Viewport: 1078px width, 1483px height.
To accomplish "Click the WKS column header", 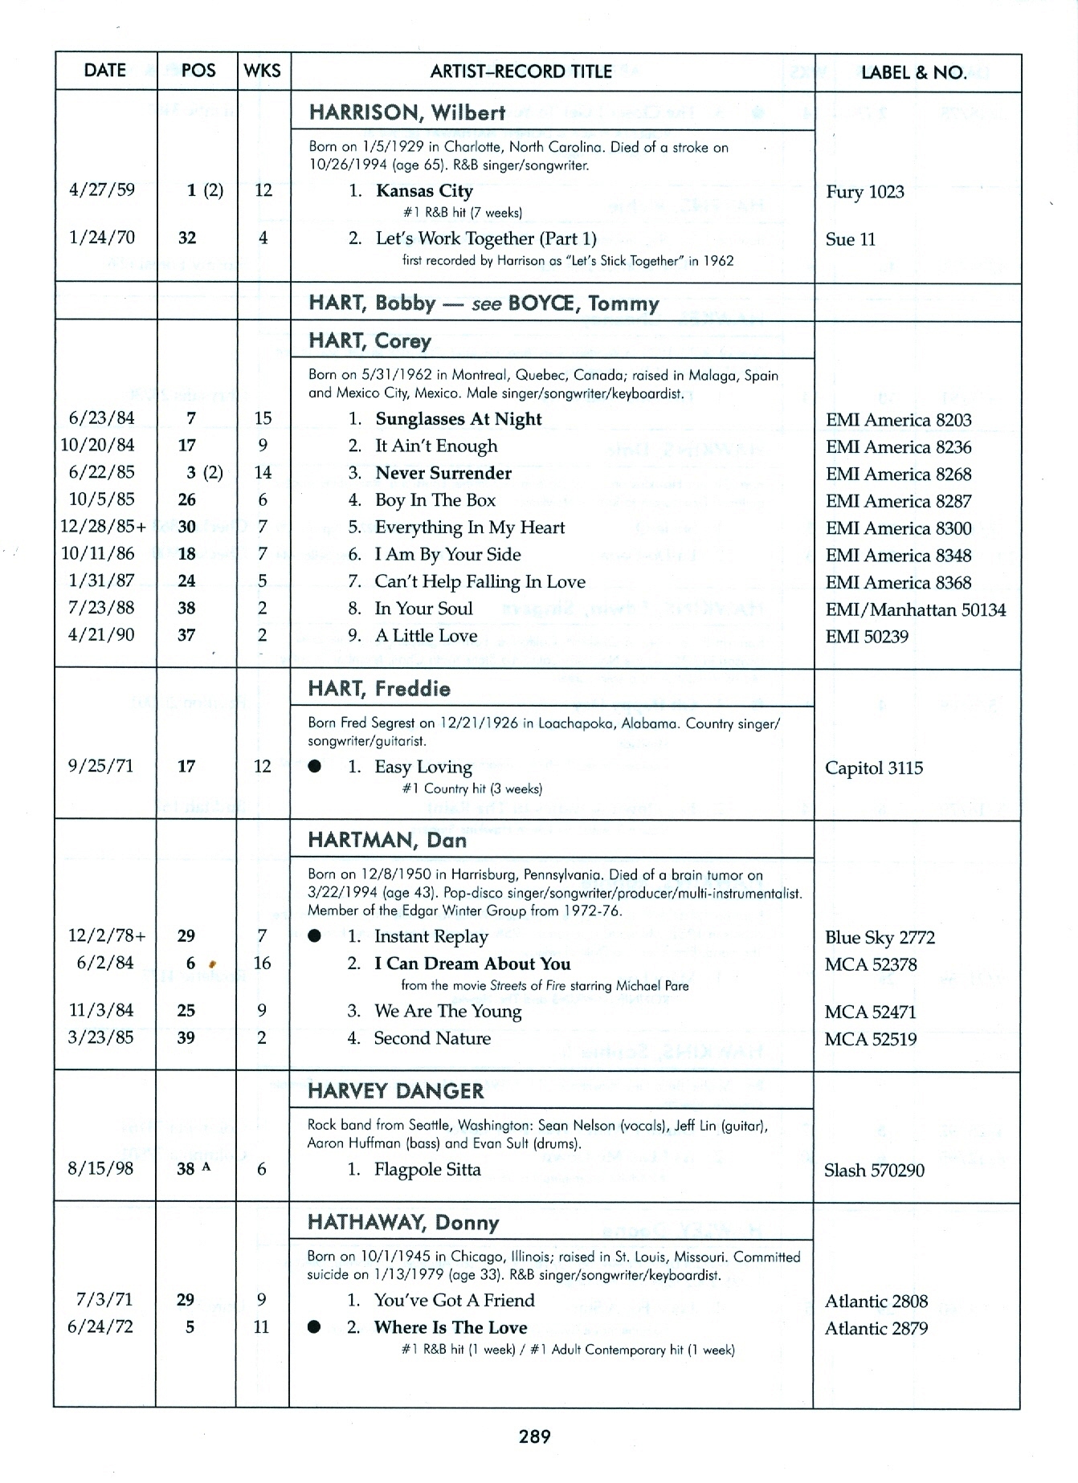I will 263,71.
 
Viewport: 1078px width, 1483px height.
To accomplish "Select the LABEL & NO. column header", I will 913,72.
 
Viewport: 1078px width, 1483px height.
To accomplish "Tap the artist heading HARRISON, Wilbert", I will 407,112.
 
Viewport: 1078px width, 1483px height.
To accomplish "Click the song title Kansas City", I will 424,191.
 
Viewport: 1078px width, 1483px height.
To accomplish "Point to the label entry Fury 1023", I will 864,192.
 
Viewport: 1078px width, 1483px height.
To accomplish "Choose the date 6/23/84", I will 101,418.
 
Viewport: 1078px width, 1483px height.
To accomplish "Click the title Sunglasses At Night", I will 458,419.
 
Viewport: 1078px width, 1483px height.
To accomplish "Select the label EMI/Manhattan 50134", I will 915,609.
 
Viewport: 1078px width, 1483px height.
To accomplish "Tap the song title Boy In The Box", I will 435,500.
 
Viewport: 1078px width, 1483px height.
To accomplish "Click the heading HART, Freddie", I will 379,689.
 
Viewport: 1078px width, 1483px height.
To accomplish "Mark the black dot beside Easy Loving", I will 315,767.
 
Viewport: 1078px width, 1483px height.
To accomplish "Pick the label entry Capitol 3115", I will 873,768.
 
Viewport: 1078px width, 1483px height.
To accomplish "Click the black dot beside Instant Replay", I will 315,936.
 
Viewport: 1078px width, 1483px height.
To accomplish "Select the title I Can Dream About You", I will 472,964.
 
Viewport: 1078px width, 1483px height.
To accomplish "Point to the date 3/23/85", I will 100,1037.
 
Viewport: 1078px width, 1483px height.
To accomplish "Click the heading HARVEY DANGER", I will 396,1091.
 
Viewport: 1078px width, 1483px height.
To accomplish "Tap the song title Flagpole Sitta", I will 427,1170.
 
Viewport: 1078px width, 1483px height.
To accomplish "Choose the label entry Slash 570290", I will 874,1171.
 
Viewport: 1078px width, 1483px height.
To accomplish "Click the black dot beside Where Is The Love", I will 314,1327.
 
